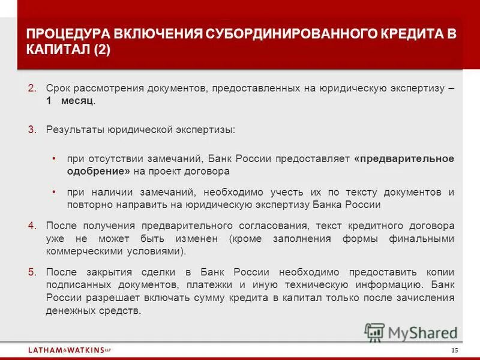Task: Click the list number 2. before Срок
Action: (x=32, y=88)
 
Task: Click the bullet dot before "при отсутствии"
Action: (x=54, y=158)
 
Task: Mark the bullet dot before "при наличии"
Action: (x=54, y=192)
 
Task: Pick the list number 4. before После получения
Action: (x=32, y=226)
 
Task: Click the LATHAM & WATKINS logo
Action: (x=69, y=349)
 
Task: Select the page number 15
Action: (x=454, y=350)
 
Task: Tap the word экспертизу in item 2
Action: (x=413, y=88)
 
